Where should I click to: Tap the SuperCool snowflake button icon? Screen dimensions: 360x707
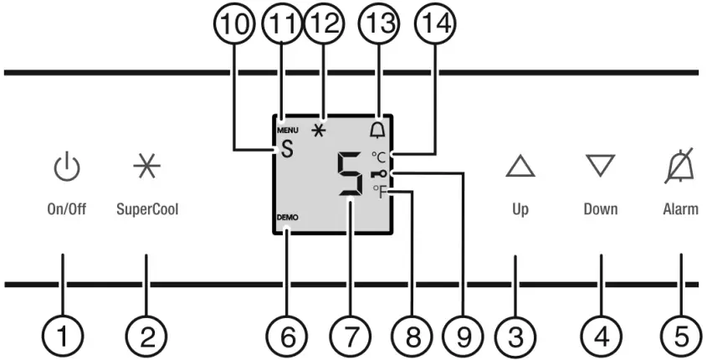146,168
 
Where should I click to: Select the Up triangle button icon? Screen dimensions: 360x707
520,167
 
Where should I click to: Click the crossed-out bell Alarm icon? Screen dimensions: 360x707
680,167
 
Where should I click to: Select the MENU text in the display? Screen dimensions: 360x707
288,131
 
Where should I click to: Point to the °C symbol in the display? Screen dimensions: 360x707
380,157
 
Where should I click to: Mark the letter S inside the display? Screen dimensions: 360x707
287,151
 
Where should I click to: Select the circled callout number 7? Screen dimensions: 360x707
350,337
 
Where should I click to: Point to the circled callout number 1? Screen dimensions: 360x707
64,337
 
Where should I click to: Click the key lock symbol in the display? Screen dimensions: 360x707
382,174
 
